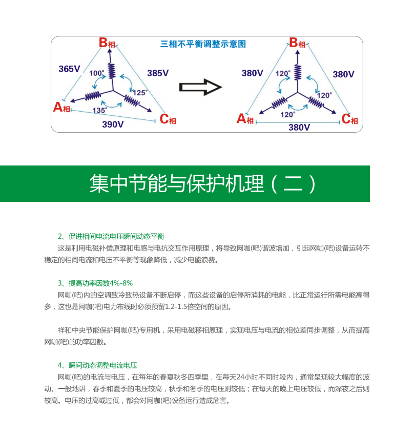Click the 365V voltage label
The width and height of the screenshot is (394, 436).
click(69, 69)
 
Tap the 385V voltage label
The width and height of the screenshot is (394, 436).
click(158, 73)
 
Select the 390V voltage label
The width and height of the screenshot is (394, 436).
click(113, 124)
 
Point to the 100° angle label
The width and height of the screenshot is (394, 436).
click(97, 73)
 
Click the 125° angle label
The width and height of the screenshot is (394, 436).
click(140, 93)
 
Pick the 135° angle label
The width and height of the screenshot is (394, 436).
click(100, 110)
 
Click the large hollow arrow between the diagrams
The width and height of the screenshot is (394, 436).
click(200, 87)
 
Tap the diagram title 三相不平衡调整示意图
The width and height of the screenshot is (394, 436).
click(203, 44)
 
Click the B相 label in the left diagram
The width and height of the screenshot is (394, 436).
click(107, 43)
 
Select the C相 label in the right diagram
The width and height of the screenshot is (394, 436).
click(349, 119)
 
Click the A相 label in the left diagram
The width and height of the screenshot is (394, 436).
click(61, 107)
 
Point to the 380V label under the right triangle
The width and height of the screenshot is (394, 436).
click(299, 128)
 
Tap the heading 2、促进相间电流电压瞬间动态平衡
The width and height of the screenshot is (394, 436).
click(111, 236)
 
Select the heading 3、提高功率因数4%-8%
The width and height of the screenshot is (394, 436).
click(95, 283)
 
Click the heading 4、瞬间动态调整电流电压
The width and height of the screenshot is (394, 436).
click(97, 365)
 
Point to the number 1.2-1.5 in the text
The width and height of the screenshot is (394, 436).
click(176, 307)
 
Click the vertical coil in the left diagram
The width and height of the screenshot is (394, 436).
click(112, 71)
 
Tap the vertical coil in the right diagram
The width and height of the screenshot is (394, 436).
click(298, 72)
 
